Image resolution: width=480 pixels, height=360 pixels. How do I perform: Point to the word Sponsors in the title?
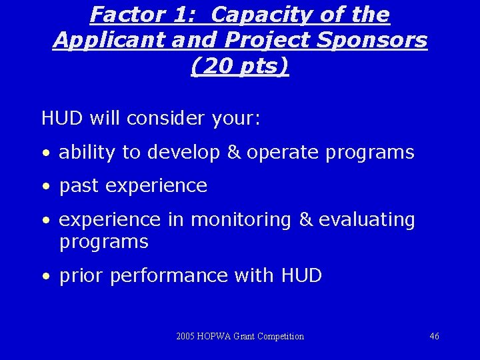coord(381,40)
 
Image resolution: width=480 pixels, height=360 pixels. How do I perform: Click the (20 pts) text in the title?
coord(240,66)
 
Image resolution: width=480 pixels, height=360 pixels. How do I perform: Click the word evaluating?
coord(367,220)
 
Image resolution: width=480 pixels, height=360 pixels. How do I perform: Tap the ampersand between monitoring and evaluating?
coord(305,220)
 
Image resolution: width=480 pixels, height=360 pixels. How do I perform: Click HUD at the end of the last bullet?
coord(301,275)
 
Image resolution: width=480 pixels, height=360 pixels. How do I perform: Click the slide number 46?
coord(434,337)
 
